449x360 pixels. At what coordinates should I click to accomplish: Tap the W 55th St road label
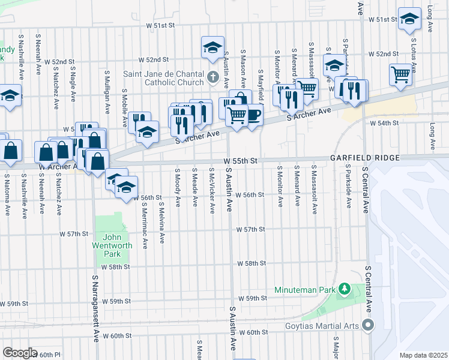(x=240, y=161)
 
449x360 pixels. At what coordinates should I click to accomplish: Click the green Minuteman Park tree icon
(x=345, y=289)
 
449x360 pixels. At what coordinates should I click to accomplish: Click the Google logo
(x=20, y=353)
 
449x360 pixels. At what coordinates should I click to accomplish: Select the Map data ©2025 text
(x=423, y=355)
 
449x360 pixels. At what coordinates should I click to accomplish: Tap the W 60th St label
(x=253, y=332)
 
